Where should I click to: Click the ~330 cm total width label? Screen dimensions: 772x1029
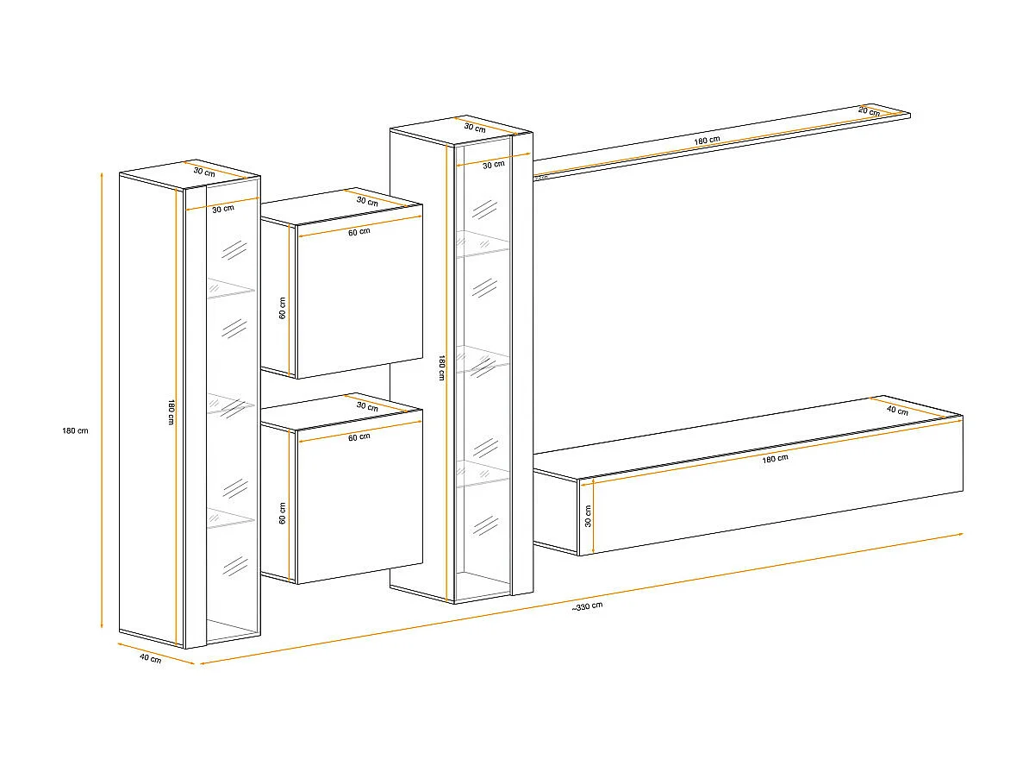pyautogui.click(x=587, y=606)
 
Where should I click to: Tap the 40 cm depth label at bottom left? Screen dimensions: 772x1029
pyautogui.click(x=150, y=659)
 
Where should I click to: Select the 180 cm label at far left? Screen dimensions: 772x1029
pyautogui.click(x=76, y=430)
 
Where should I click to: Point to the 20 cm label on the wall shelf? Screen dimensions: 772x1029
pyautogui.click(x=869, y=111)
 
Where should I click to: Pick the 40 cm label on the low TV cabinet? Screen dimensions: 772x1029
pyautogui.click(x=897, y=411)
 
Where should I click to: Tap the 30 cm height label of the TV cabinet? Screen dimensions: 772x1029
pyautogui.click(x=589, y=516)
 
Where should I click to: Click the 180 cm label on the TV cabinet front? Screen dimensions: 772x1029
pyautogui.click(x=775, y=458)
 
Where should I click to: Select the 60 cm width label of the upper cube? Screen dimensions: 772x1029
pyautogui.click(x=359, y=231)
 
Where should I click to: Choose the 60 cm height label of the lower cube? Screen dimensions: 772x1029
pyautogui.click(x=283, y=515)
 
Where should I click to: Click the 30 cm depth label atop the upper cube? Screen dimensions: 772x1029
pyautogui.click(x=367, y=202)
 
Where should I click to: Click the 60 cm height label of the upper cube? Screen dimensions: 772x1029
pyautogui.click(x=283, y=308)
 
